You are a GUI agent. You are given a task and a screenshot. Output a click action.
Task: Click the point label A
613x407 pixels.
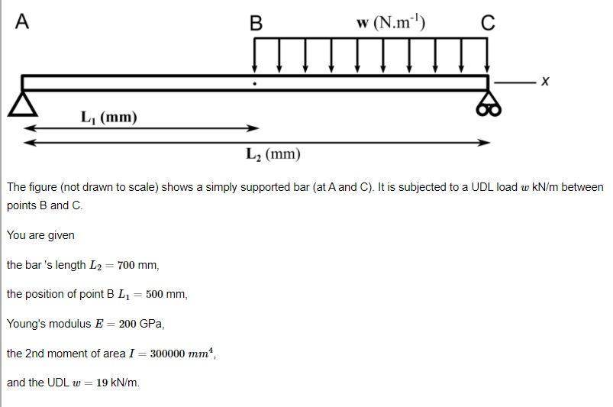22,22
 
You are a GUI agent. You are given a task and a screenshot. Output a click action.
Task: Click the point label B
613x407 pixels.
256,24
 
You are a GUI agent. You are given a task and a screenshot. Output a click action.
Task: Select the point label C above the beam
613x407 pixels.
488,24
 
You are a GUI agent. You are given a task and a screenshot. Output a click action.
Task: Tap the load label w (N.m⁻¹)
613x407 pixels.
391,22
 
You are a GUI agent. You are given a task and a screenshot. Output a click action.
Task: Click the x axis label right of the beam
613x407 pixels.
544,80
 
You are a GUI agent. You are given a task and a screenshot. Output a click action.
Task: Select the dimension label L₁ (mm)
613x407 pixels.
109,117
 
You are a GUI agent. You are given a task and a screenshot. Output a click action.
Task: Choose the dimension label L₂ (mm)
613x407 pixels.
273,154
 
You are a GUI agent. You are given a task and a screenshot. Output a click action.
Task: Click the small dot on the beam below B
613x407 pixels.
255,83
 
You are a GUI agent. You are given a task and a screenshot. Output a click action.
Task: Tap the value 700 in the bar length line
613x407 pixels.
127,265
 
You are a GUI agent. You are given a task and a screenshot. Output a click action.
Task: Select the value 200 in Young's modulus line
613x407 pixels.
128,324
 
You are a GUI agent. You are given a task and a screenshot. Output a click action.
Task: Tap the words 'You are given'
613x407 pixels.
40,235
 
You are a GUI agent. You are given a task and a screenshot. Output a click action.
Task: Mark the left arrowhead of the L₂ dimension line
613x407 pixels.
28,142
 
